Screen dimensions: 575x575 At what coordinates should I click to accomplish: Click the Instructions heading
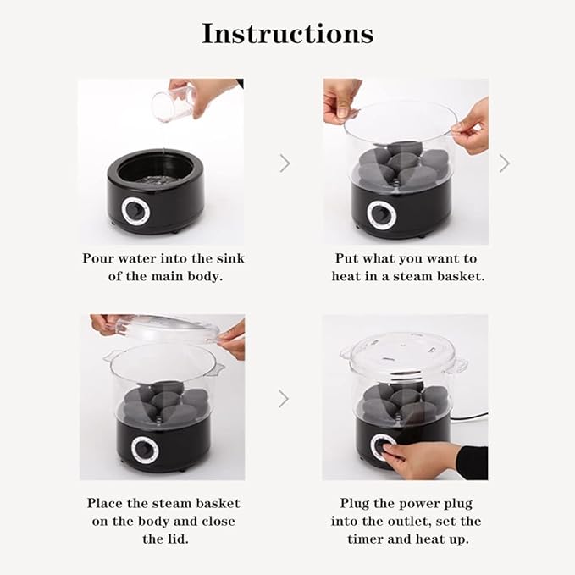pyautogui.click(x=288, y=33)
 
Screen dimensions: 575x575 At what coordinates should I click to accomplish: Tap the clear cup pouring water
pyautogui.click(x=172, y=106)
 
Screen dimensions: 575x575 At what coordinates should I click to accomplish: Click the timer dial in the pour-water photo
pyautogui.click(x=135, y=210)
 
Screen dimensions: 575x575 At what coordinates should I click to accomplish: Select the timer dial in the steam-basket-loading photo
pyautogui.click(x=382, y=215)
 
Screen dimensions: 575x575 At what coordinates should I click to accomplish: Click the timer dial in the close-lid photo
pyautogui.click(x=145, y=450)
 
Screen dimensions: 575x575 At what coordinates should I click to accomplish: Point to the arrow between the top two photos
pyautogui.click(x=285, y=163)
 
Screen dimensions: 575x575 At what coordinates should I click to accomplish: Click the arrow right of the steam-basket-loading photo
pyautogui.click(x=505, y=163)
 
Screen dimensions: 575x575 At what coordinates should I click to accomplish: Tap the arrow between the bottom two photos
pyautogui.click(x=284, y=399)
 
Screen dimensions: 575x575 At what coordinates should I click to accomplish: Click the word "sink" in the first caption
pyautogui.click(x=230, y=258)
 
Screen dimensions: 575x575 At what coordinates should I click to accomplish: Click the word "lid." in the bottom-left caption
pyautogui.click(x=165, y=539)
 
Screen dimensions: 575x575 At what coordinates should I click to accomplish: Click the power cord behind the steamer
pyautogui.click(x=469, y=417)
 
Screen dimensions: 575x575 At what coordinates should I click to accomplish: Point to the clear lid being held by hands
pyautogui.click(x=167, y=329)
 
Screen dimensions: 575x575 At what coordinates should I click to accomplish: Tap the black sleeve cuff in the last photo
pyautogui.click(x=473, y=462)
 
